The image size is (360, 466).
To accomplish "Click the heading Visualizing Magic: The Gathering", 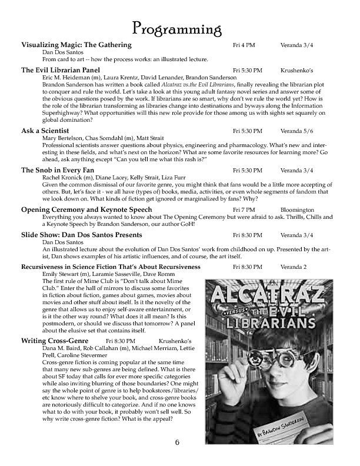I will pyautogui.click(x=76, y=45).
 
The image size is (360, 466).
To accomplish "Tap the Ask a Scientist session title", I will pyautogui.click(x=45, y=131).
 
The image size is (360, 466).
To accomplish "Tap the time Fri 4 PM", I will pyautogui.click(x=244, y=45).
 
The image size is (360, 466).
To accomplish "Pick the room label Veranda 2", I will pyautogui.click(x=294, y=267).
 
